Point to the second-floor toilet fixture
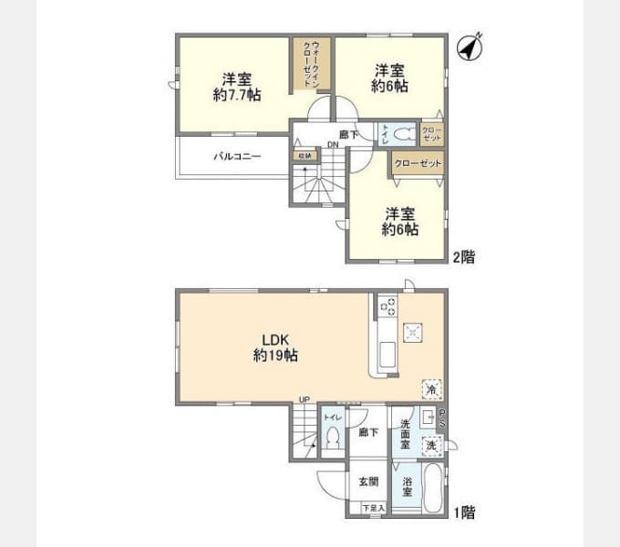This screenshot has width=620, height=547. pyautogui.click(x=403, y=134)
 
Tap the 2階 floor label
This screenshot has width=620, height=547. pyautogui.click(x=463, y=257)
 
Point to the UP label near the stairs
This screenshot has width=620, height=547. pyautogui.click(x=304, y=400)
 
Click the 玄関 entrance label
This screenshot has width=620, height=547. pyautogui.click(x=367, y=482)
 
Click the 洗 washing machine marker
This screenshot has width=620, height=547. pyautogui.click(x=432, y=447)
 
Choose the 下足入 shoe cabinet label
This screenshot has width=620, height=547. pyautogui.click(x=373, y=509)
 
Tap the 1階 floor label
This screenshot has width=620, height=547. pyautogui.click(x=463, y=512)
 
